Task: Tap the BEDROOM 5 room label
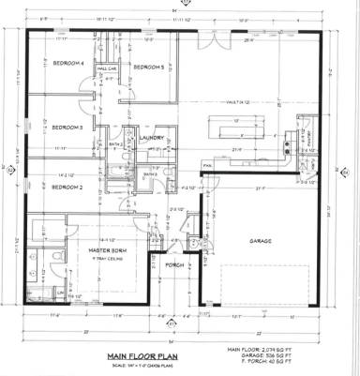click(x=148, y=68)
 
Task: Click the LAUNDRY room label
click(x=152, y=138)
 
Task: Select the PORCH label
click(x=175, y=265)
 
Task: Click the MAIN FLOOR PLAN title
click(x=142, y=356)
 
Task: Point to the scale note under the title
click(x=142, y=365)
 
